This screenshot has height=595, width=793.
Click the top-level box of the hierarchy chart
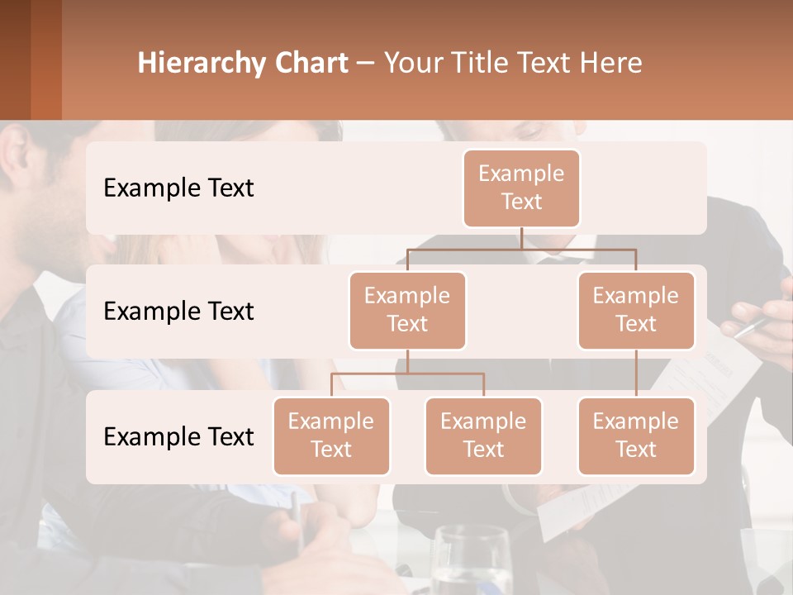(x=521, y=188)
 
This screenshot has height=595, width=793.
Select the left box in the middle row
(x=407, y=310)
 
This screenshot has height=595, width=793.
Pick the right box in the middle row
(x=636, y=310)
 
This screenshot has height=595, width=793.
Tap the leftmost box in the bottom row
(x=331, y=436)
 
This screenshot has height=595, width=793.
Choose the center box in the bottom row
(x=483, y=436)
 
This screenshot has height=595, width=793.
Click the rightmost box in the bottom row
(x=636, y=436)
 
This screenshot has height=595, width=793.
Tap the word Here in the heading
(x=613, y=64)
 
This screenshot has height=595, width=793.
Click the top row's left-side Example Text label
(x=178, y=188)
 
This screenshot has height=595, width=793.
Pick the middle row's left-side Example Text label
(x=178, y=312)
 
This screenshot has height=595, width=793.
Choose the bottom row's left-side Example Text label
(x=178, y=436)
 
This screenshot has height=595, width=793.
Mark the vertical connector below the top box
(x=521, y=238)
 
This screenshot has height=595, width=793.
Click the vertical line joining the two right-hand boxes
(x=636, y=374)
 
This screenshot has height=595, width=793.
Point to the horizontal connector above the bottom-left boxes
(x=407, y=374)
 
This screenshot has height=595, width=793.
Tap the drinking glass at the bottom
(x=471, y=562)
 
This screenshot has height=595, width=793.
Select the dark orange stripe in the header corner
(x=46, y=59)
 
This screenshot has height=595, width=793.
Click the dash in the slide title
(x=366, y=64)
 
